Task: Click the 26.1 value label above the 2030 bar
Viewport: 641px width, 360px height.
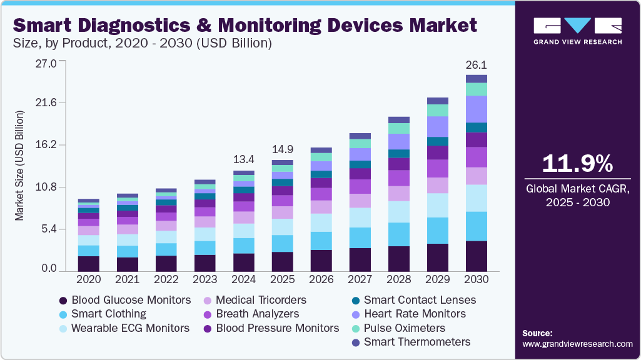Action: coord(477,65)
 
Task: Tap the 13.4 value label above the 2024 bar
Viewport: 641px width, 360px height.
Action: coord(244,158)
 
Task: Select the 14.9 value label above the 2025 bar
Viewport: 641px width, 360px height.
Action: coord(282,149)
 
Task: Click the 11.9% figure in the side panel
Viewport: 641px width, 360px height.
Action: coord(577,164)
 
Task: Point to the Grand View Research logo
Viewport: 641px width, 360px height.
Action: coord(577,31)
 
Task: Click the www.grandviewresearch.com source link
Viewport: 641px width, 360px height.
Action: coord(577,344)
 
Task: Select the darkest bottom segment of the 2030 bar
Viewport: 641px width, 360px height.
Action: coord(477,256)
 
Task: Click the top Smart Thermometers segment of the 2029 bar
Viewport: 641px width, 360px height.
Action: coord(438,101)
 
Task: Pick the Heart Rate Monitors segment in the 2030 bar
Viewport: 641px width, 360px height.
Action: coord(477,109)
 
